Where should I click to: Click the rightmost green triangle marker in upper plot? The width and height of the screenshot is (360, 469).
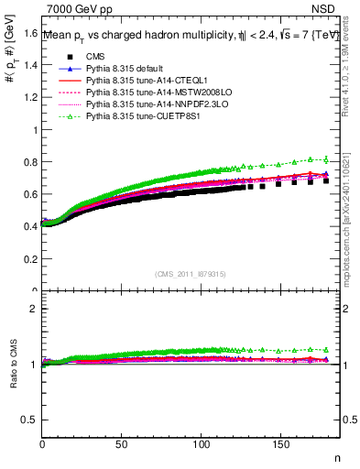[326, 159]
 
